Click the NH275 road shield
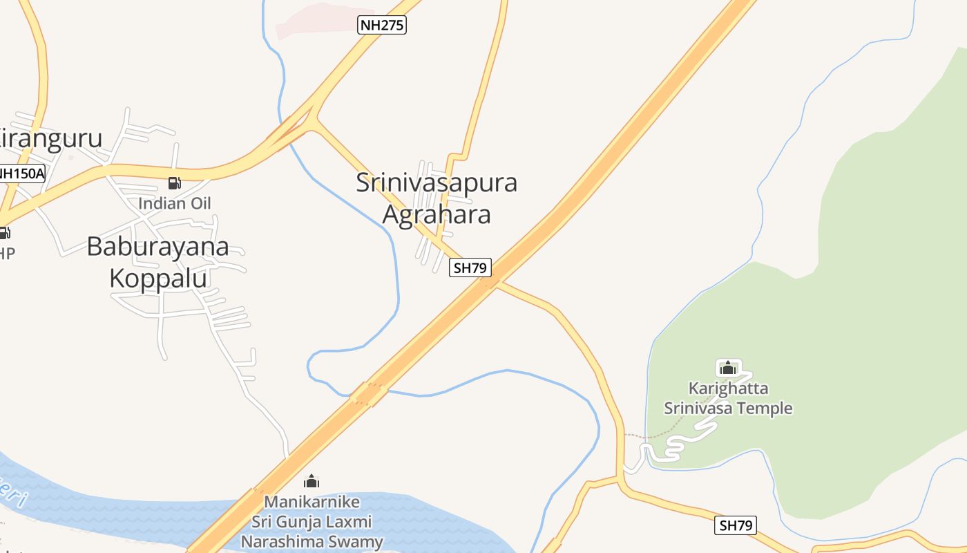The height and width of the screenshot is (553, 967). coord(382,26)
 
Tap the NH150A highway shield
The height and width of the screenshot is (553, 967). coord(21,174)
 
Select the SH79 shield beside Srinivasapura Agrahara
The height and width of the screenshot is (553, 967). coord(470,268)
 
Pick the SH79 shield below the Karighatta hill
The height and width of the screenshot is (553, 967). coord(735,525)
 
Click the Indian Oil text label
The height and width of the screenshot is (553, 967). coord(175,203)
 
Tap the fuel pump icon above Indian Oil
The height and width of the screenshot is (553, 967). coord(175,183)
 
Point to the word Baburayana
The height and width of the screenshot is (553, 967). coord(157,247)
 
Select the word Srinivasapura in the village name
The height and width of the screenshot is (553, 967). coord(437,183)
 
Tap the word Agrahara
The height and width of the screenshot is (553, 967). coord(437,215)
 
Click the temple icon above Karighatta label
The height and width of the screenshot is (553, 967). coord(727,368)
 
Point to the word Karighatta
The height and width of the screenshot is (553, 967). coord(728,388)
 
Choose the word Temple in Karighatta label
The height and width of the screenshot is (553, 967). coord(761,409)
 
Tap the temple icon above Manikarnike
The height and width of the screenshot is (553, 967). coord(312,481)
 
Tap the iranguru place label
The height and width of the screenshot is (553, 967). coord(52,139)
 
